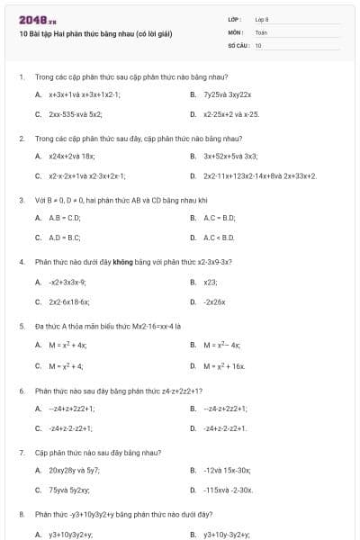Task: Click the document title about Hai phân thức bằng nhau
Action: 95,34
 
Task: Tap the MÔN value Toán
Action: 261,31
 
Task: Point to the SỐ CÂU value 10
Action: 258,44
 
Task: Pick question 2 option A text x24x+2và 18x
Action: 71,156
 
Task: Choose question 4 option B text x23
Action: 211,282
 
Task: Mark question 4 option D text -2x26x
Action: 214,301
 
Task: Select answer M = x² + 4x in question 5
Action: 67,345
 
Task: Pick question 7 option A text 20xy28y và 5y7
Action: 75,469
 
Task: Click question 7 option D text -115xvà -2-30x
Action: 229,490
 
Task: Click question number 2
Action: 22,139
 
